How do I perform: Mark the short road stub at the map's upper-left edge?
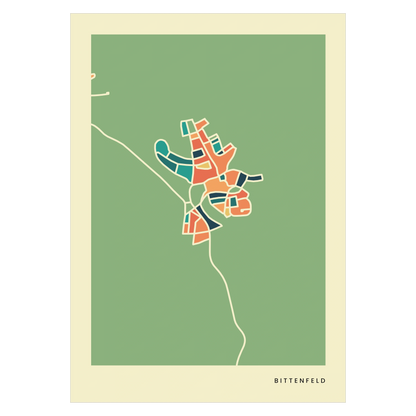point(91,75)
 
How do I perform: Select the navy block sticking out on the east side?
point(252,177)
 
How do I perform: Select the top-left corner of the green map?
point(91,34)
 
